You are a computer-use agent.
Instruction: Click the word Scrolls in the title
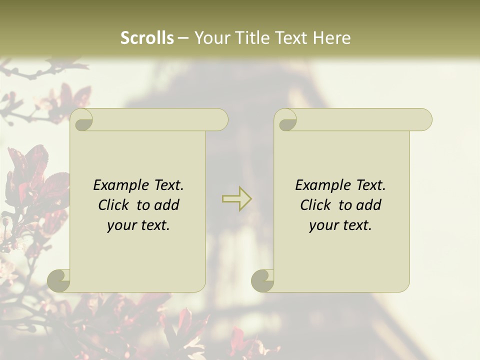coord(147,38)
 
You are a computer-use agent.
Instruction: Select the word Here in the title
coord(332,38)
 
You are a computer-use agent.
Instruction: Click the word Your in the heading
coord(210,38)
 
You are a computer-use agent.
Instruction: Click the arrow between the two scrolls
coord(236,198)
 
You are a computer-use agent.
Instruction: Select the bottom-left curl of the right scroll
coord(263,280)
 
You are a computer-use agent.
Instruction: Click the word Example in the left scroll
coord(120,185)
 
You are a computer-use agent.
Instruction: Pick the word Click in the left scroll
coord(113,205)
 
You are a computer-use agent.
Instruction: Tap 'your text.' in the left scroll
coord(138,225)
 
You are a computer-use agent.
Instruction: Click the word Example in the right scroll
coord(322,185)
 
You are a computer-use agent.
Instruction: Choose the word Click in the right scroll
coord(315,205)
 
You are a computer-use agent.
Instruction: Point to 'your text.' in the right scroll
coord(340,225)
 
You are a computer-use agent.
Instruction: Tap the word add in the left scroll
coord(167,205)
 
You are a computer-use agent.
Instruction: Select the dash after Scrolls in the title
coord(183,38)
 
